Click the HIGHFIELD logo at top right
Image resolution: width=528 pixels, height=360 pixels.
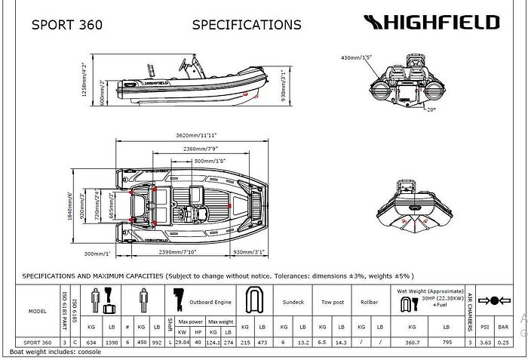tap(431, 22)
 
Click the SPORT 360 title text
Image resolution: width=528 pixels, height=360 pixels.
tap(67, 24)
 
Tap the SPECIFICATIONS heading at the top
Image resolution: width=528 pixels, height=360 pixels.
tap(247, 24)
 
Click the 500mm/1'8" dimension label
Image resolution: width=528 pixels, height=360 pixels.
tap(210, 162)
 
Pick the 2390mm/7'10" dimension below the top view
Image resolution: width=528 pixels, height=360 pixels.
tap(178, 252)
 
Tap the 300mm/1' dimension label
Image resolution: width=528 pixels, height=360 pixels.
tap(97, 254)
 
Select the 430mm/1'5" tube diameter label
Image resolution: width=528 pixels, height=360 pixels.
tap(358, 57)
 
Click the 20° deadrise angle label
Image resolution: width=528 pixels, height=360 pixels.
tap(431, 110)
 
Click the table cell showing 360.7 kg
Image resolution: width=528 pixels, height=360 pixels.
tap(412, 343)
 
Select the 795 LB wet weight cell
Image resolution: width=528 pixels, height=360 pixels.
tap(447, 343)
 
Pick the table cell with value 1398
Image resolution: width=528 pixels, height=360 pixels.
tap(112, 343)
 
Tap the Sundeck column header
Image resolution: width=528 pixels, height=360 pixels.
tap(293, 301)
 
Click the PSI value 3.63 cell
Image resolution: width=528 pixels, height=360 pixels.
tap(487, 343)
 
